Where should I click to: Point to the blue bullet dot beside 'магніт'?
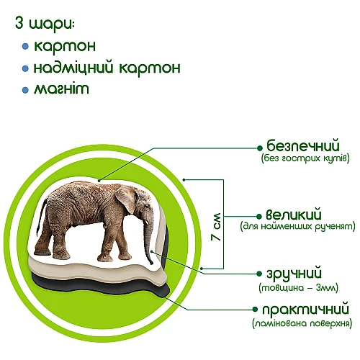point(25,91)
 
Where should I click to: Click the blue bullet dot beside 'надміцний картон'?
point(25,69)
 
